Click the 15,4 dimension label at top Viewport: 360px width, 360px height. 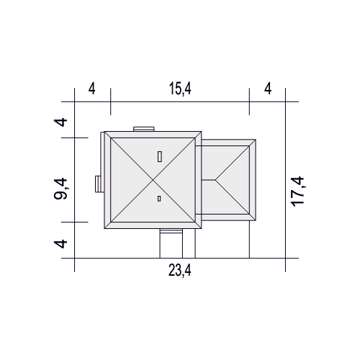tap(180, 89)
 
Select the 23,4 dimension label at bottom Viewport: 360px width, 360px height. tap(180, 270)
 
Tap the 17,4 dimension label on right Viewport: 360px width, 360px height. tap(297, 192)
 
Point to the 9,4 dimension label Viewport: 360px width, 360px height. tap(60, 189)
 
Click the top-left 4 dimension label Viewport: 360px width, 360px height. tap(92, 89)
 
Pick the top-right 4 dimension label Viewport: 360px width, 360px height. tap(268, 89)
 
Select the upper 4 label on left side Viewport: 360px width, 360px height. tap(60, 122)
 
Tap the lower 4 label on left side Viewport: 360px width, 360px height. tap(60, 244)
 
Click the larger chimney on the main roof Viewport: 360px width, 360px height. tap(159, 156)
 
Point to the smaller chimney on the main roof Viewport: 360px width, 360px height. tap(159, 199)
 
